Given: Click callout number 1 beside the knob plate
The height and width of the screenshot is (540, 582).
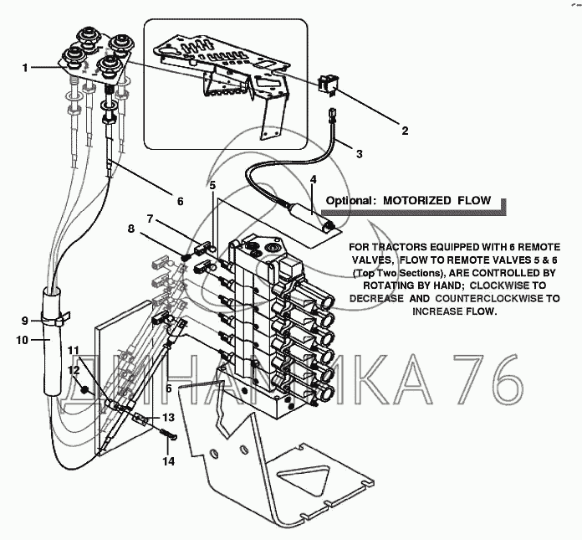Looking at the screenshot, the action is (25, 68).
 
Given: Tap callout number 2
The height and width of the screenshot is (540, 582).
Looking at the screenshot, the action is (405, 131).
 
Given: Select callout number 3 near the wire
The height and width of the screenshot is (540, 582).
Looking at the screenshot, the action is (359, 153).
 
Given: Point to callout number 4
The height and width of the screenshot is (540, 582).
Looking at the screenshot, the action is (314, 179).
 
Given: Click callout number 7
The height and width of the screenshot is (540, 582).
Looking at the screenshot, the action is (150, 219).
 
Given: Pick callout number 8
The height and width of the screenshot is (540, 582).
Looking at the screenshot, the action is (131, 229).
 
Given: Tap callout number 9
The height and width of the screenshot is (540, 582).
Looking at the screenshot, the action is (25, 321).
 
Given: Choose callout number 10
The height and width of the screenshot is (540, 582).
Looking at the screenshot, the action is (23, 340).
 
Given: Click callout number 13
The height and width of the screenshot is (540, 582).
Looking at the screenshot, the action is (168, 418).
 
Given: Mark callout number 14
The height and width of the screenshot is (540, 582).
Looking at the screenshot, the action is (168, 461).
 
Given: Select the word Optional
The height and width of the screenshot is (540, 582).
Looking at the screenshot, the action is (349, 201).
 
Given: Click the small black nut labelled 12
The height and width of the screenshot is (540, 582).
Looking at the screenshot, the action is (85, 390).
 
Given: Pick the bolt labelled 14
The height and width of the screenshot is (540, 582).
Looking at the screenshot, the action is (169, 435).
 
